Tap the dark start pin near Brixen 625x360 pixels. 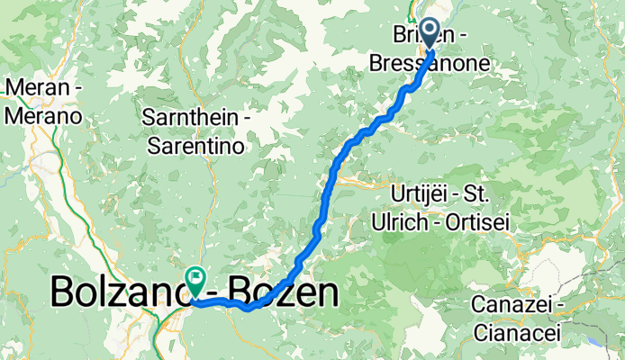[429, 33]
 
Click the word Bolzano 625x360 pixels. [117, 292]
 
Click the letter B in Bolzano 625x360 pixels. [63, 292]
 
